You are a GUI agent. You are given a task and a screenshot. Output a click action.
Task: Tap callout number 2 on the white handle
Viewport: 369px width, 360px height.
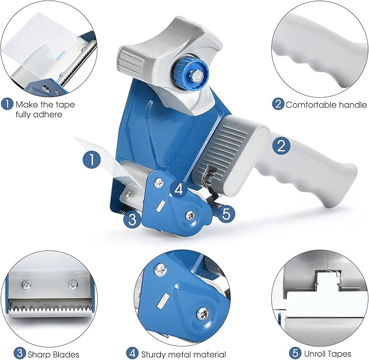(x=281, y=146)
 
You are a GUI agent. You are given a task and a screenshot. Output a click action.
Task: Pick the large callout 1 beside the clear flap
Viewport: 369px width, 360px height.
(x=92, y=160)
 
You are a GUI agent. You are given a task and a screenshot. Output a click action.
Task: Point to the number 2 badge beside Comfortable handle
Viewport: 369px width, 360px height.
(x=278, y=104)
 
